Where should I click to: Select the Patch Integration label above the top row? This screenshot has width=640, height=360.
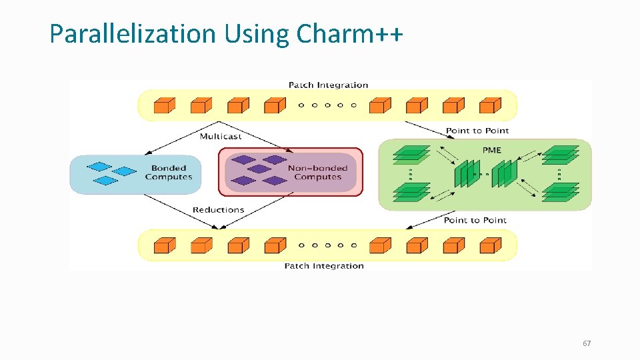pyautogui.click(x=328, y=85)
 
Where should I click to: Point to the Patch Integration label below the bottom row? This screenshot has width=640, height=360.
pyautogui.click(x=324, y=266)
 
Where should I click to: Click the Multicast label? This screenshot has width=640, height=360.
pyautogui.click(x=221, y=136)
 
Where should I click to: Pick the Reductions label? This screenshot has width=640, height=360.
pyautogui.click(x=218, y=209)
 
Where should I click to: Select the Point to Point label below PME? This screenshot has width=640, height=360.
pyautogui.click(x=475, y=220)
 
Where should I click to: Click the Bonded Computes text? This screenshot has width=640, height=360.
pyautogui.click(x=168, y=173)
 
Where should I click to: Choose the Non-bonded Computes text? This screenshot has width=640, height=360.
pyautogui.click(x=317, y=173)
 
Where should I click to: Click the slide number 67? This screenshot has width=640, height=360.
pyautogui.click(x=587, y=343)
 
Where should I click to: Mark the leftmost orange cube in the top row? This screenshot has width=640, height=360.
pyautogui.click(x=164, y=105)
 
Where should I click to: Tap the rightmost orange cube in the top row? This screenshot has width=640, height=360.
pyautogui.click(x=490, y=105)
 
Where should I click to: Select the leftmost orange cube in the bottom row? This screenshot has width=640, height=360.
pyautogui.click(x=164, y=246)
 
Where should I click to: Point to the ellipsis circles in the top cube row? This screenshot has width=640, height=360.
pyautogui.click(x=327, y=105)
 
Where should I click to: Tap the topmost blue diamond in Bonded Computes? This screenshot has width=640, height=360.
pyautogui.click(x=99, y=167)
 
